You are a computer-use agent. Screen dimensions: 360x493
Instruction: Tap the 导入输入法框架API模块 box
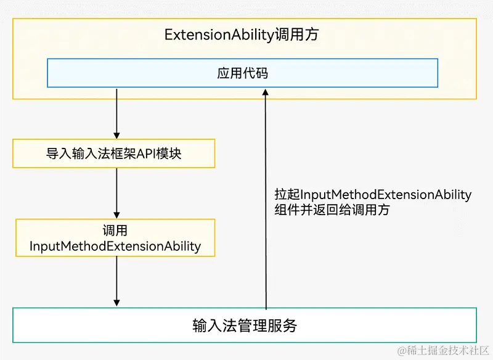click(114, 153)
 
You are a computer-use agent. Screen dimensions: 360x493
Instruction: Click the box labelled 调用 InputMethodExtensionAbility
click(115, 239)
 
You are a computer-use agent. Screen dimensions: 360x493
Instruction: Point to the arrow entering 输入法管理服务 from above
click(116, 280)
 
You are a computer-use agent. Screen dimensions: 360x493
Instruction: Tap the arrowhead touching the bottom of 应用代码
click(266, 92)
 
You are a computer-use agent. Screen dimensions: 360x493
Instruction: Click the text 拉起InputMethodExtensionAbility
click(373, 195)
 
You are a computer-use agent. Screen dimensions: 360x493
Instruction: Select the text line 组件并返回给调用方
click(332, 210)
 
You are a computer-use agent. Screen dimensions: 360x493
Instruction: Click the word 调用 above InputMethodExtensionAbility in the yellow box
click(115, 231)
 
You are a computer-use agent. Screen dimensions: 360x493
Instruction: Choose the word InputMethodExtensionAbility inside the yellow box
click(115, 247)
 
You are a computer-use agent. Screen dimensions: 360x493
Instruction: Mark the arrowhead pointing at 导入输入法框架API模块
click(116, 135)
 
